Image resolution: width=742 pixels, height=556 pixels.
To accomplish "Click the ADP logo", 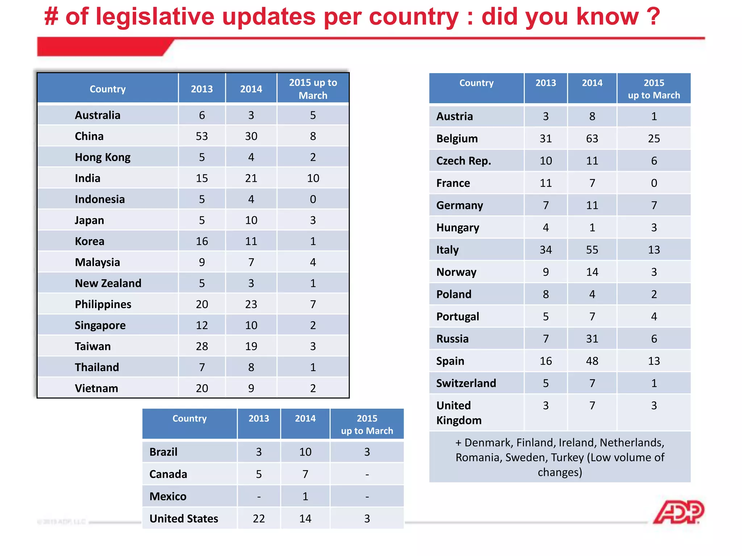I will [678, 512].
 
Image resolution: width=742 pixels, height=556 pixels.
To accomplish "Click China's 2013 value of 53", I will [202, 136].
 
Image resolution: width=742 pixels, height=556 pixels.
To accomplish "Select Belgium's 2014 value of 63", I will [592, 139].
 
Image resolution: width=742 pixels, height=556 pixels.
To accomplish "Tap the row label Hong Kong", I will [103, 157].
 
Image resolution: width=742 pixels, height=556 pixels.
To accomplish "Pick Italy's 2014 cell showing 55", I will [592, 250].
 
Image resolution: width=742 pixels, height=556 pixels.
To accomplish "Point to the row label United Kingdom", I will [459, 413].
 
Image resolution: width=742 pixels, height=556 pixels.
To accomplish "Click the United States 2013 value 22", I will [259, 518].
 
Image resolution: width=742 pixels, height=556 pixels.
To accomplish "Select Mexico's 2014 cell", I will [305, 496].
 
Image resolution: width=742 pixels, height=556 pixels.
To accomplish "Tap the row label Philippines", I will [103, 304].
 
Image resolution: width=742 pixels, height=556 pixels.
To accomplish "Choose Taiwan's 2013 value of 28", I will [202, 346].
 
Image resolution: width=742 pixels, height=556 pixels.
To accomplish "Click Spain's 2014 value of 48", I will [592, 361].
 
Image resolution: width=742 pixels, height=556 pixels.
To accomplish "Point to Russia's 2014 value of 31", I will [592, 339].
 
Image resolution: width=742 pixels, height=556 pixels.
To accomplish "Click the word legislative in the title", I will [155, 17].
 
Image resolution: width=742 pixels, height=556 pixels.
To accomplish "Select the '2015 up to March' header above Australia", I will [313, 89].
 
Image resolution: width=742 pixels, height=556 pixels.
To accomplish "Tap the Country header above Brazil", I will [189, 419].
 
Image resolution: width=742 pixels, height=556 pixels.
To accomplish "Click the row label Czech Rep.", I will [463, 161].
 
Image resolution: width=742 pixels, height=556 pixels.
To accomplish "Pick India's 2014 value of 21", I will [251, 178].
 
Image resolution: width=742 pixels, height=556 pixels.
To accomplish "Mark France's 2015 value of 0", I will [654, 183].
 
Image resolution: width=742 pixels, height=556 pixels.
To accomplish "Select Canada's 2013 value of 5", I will [259, 474].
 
